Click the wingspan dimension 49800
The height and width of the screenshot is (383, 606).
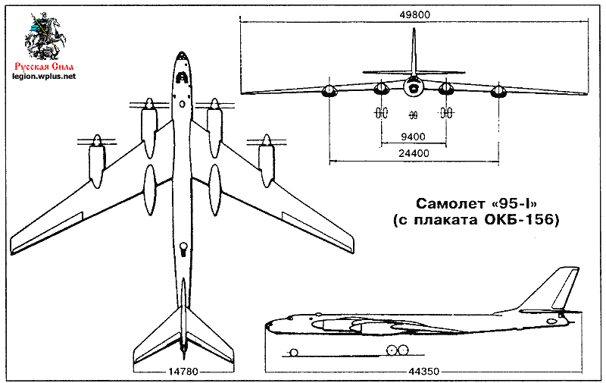[x=413, y=13]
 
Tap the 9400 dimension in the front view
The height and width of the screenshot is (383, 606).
[x=413, y=137]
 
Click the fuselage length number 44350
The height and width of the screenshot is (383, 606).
[x=414, y=371]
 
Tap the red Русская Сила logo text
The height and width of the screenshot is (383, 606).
[x=43, y=65]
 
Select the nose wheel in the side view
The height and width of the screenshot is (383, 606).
[x=292, y=352]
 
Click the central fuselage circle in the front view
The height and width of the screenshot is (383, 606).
[x=413, y=89]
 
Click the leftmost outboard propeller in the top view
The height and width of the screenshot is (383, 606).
[x=96, y=141]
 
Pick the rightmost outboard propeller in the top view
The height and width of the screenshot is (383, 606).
[x=265, y=141]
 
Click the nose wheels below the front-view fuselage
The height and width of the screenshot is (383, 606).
[x=413, y=115]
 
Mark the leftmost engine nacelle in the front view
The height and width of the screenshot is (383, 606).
[x=330, y=93]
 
